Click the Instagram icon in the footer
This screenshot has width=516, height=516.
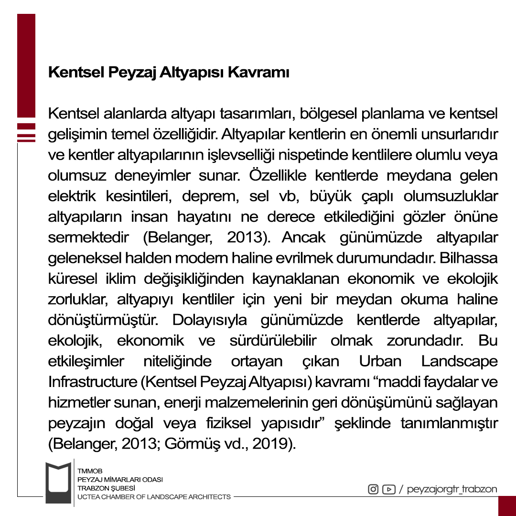[373, 489]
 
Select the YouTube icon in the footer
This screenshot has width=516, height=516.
[389, 489]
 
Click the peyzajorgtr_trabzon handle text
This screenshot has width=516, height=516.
[452, 490]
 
